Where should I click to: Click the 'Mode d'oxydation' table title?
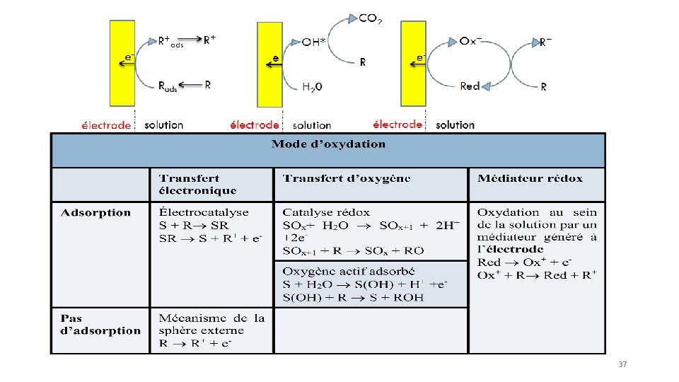pyautogui.click(x=329, y=144)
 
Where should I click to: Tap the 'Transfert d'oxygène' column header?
pyautogui.click(x=346, y=178)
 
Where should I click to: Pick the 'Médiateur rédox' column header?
pyautogui.click(x=530, y=178)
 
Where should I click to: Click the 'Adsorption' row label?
pyautogui.click(x=95, y=212)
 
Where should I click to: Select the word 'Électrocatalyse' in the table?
pyautogui.click(x=204, y=212)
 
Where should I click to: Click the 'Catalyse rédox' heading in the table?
pyautogui.click(x=326, y=212)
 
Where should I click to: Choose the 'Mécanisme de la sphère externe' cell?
pyautogui.click(x=211, y=324)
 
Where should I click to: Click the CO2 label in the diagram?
pyautogui.click(x=371, y=19)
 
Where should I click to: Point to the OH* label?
pyautogui.click(x=314, y=42)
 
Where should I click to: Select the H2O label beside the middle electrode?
pyautogui.click(x=312, y=87)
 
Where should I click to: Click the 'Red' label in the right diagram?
pyautogui.click(x=470, y=86)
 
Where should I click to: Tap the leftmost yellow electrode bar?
pyautogui.click(x=122, y=63)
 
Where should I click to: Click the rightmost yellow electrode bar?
pyautogui.click(x=414, y=63)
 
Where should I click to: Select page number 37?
pyautogui.click(x=622, y=364)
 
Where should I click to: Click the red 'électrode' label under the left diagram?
pyautogui.click(x=106, y=125)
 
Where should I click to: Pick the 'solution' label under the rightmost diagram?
pyautogui.click(x=455, y=125)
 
